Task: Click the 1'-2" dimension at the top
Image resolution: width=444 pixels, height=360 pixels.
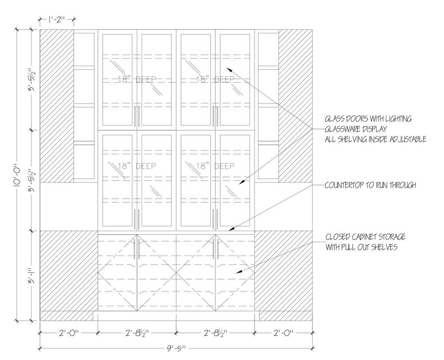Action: click(57, 19)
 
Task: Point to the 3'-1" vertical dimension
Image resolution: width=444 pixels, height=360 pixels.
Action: click(31, 276)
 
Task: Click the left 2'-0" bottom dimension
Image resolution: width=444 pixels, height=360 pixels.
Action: click(68, 333)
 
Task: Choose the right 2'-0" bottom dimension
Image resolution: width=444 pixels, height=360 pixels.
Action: click(284, 333)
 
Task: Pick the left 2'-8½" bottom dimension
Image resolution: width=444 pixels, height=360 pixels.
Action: click(137, 333)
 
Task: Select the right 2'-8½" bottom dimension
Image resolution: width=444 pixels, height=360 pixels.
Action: click(216, 333)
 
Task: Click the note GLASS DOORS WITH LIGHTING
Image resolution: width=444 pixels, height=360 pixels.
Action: click(368, 119)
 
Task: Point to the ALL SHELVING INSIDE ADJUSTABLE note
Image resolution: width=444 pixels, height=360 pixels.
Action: click(375, 140)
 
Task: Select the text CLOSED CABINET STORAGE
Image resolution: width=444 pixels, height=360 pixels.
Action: click(365, 237)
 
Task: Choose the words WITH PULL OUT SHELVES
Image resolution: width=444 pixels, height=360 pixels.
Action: click(361, 247)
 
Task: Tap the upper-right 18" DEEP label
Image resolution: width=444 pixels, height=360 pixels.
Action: click(216, 80)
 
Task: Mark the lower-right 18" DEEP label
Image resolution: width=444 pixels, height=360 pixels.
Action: click(216, 166)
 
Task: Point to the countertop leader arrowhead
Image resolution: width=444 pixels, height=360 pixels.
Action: click(229, 229)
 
